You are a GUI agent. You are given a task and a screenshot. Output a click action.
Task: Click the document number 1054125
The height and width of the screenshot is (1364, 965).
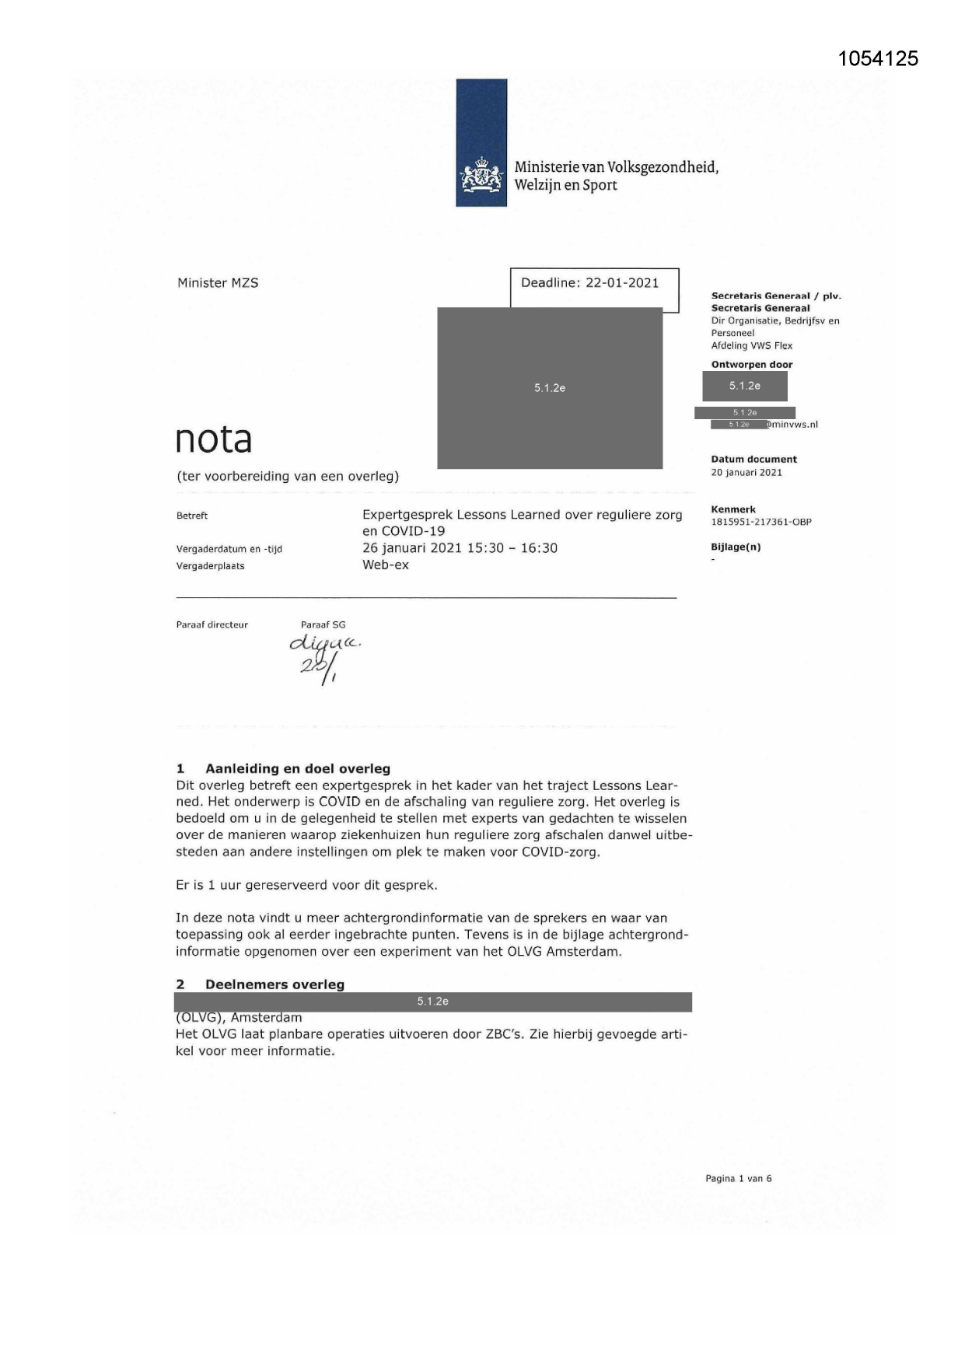[x=879, y=58]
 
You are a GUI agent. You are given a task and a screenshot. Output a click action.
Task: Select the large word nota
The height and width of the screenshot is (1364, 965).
[x=214, y=439]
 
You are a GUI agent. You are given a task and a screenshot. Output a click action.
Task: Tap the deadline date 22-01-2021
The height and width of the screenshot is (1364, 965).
[x=622, y=283]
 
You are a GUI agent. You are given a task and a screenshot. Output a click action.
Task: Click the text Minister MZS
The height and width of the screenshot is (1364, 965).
[x=218, y=283]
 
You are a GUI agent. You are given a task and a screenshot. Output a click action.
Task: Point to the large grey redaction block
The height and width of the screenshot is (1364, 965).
[x=550, y=387]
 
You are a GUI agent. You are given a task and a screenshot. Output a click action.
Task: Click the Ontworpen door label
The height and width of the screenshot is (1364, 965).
[x=751, y=365]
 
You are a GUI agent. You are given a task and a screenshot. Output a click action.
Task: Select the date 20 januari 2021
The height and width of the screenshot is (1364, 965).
[x=746, y=473]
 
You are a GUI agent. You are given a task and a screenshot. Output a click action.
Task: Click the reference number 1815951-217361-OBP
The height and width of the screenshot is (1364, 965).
[x=760, y=523]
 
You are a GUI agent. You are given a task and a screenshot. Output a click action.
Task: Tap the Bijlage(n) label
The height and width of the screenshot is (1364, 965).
[x=736, y=547]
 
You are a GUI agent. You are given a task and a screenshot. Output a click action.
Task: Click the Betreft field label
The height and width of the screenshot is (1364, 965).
[x=192, y=516]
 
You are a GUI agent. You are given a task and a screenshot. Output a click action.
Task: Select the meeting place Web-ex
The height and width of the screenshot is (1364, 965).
[x=386, y=565]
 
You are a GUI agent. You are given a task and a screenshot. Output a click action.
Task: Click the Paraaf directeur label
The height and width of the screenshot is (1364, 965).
[x=212, y=625]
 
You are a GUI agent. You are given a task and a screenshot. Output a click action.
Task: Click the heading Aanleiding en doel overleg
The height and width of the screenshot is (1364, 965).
[x=297, y=769]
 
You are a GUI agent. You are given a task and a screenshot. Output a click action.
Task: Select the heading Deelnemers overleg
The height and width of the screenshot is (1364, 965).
[x=274, y=985]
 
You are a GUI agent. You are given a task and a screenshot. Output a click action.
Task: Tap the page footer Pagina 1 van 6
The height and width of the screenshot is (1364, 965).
[x=738, y=1178]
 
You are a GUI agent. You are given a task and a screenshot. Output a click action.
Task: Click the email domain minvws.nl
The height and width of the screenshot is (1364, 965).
[x=795, y=425]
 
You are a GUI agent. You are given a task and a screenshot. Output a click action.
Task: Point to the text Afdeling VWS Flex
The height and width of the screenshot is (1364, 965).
[x=751, y=346]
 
